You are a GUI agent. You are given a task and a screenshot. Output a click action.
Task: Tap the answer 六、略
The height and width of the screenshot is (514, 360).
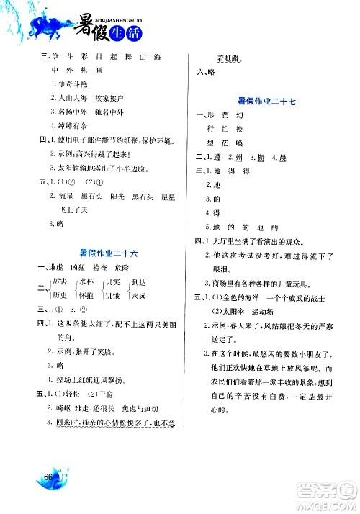(207, 73)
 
